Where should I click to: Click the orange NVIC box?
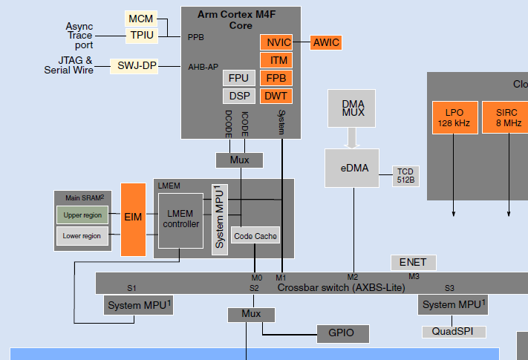coord(276,43)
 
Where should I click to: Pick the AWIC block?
coord(326,43)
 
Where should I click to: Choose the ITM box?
coord(276,60)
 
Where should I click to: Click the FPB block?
coord(276,78)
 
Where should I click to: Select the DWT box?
coord(276,96)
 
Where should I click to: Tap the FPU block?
coord(239,78)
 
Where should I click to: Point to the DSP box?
coord(239,96)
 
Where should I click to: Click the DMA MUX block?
coord(352,108)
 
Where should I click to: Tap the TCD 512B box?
coord(405,175)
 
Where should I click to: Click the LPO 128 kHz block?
coord(454,117)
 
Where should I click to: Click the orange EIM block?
coord(133,218)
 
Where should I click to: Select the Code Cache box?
coord(255,236)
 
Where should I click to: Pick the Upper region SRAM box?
coord(82,215)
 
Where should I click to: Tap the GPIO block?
coord(342,333)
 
